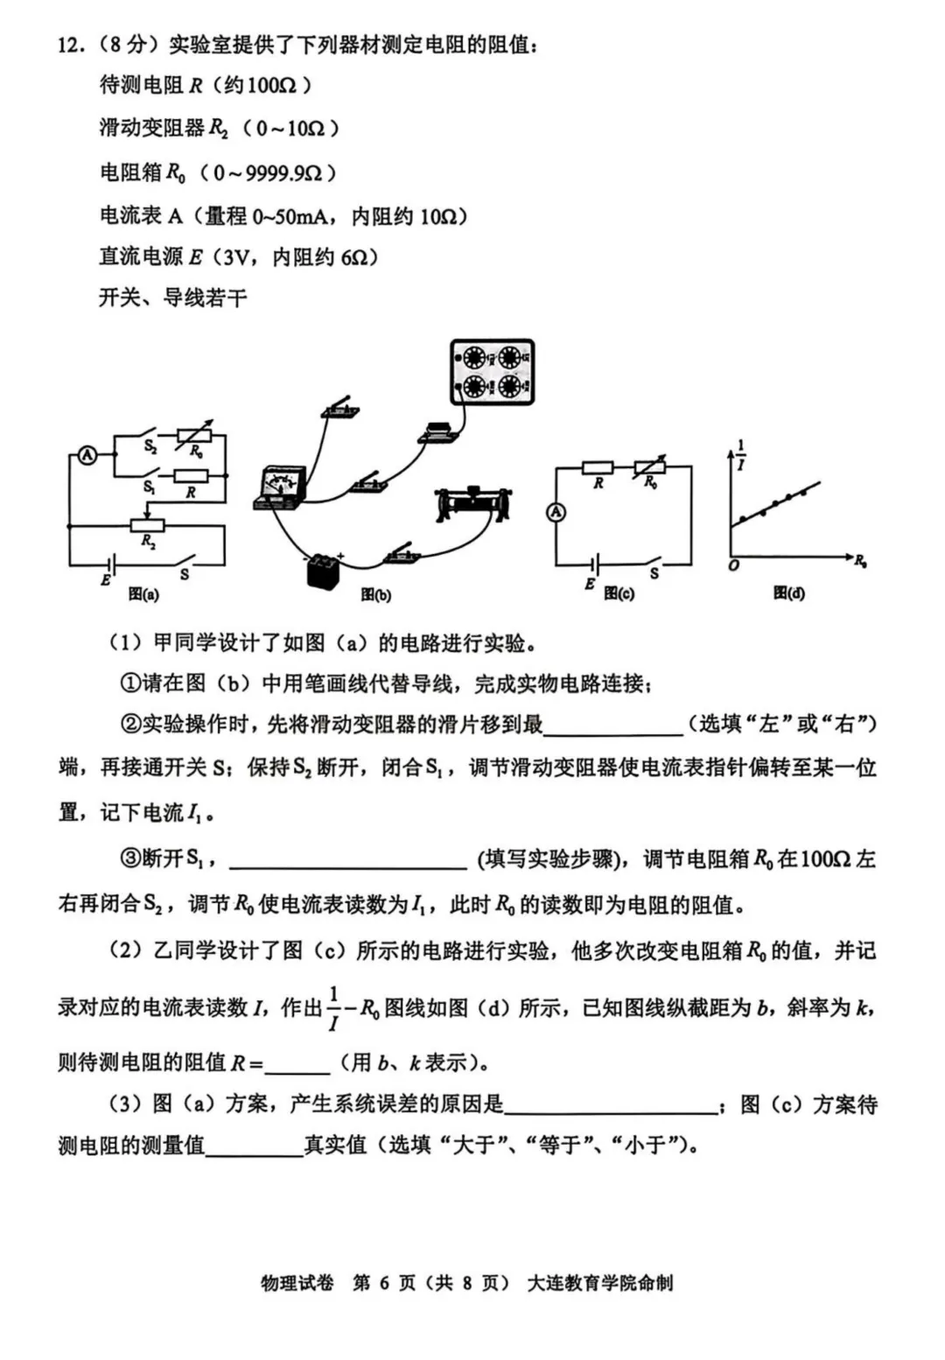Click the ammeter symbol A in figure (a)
[87, 455]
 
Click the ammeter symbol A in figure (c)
[556, 512]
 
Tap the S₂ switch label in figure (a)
[150, 446]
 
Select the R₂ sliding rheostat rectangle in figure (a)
[147, 525]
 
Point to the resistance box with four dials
[492, 372]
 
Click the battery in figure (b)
[321, 570]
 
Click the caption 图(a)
[143, 593]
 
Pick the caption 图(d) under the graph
[788, 593]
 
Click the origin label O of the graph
[733, 566]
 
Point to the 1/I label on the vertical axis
[740, 455]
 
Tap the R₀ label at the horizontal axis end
[860, 561]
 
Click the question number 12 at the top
[69, 45]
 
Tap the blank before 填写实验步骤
[347, 859]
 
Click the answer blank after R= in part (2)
[297, 1063]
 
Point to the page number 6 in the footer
[384, 1283]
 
